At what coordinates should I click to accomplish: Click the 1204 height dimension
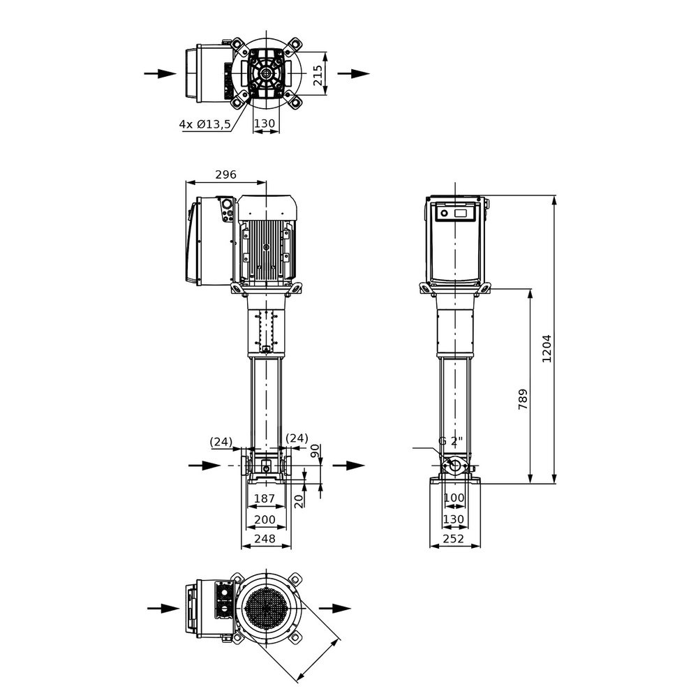tap(547, 348)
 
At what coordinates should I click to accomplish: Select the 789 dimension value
tap(523, 399)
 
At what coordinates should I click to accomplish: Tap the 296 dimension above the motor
tap(225, 174)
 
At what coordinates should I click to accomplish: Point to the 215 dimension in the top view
tap(317, 75)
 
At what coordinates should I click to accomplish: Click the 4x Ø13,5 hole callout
tap(205, 124)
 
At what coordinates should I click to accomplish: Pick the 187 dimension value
tap(265, 498)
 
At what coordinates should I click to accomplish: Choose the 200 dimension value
tap(265, 519)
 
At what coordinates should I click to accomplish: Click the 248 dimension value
tap(265, 539)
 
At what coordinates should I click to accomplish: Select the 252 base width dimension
tap(454, 539)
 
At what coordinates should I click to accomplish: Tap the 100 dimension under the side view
tap(454, 498)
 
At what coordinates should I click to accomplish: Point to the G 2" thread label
tap(450, 441)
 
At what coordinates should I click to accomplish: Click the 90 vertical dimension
tap(315, 450)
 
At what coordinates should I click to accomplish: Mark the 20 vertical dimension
tap(299, 501)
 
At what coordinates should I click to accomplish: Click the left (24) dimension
tap(221, 442)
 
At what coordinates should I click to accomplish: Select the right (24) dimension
tap(297, 438)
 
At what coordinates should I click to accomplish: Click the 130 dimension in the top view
tap(265, 124)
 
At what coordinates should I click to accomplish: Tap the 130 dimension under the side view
tap(454, 519)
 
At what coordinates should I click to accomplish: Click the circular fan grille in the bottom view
tap(266, 609)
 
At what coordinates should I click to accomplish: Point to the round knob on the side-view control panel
tap(444, 213)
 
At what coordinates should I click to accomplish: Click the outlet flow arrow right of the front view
tap(348, 466)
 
